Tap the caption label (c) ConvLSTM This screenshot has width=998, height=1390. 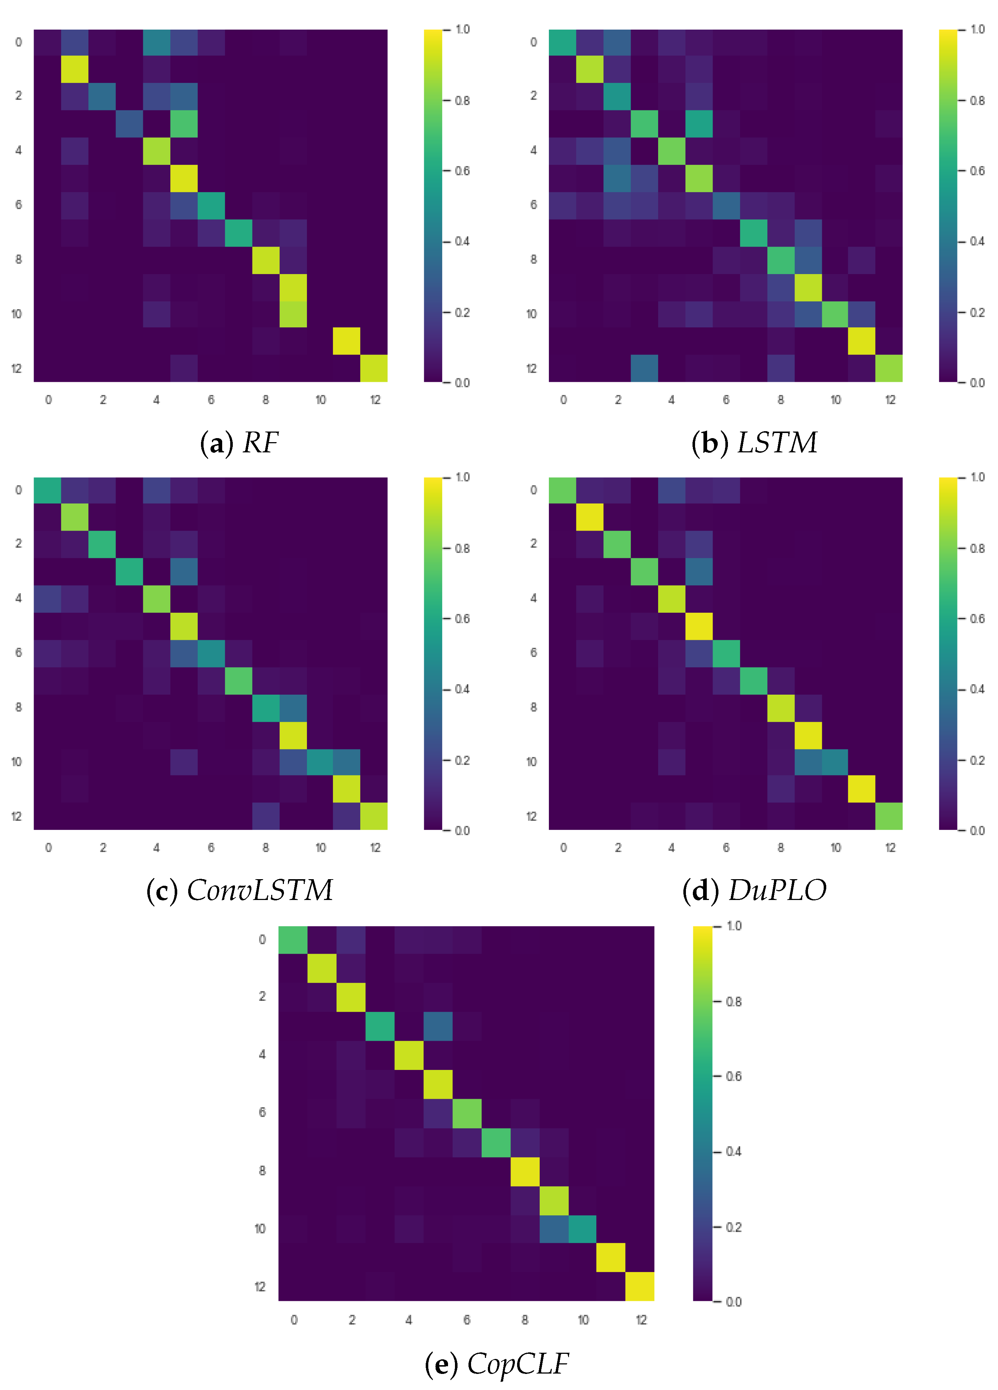click(239, 890)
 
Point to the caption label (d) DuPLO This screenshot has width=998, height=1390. click(754, 890)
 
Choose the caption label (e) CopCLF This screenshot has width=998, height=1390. click(497, 1364)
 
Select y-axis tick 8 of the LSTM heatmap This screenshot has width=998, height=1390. click(533, 259)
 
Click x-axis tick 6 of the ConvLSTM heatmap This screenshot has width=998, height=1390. click(211, 848)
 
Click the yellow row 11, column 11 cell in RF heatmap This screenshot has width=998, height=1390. click(346, 341)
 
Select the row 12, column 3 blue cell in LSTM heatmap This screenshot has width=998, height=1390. click(644, 368)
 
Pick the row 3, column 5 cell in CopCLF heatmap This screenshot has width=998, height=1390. click(438, 1026)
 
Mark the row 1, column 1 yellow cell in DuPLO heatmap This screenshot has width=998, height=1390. click(590, 517)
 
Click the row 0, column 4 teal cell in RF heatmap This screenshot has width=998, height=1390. click(156, 42)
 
